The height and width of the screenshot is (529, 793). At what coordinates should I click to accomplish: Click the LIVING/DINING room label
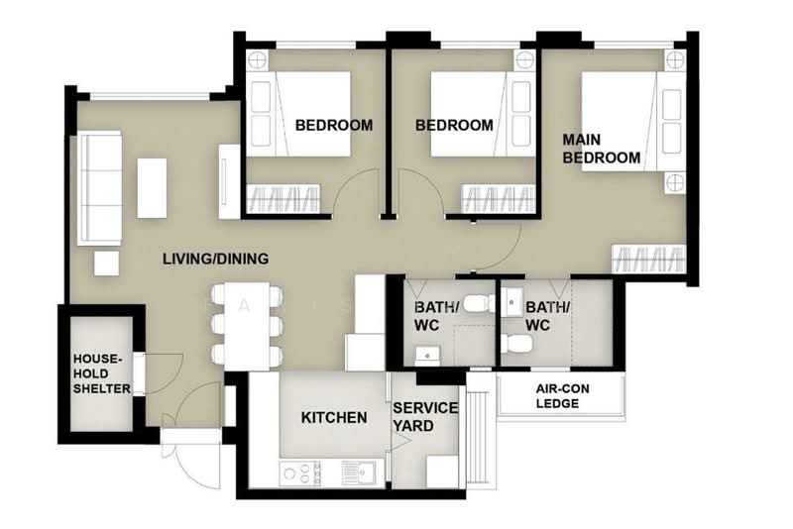coord(215,259)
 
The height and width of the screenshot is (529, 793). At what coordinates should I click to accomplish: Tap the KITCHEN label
coord(334,417)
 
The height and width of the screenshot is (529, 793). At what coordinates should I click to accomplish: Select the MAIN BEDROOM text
coord(602,149)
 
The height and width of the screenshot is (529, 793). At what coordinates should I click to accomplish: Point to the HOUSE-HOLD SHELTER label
coord(102,373)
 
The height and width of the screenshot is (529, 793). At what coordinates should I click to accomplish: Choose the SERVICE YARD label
coord(425,417)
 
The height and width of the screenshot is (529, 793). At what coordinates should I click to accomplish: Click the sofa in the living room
coord(99,188)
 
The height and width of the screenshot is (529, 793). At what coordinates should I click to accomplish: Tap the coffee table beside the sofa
coord(152,188)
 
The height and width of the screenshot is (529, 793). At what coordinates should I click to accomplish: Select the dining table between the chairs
coord(247,326)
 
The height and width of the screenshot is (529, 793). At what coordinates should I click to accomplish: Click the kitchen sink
coord(359,474)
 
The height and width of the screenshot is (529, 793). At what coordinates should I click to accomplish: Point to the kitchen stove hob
coord(299,474)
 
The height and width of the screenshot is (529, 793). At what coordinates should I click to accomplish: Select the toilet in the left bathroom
coord(480,304)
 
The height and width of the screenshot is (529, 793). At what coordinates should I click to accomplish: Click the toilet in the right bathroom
coord(516,344)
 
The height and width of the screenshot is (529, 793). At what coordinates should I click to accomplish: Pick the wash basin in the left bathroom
coord(427,356)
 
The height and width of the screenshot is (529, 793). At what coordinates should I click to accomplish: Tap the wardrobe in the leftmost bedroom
coord(283,198)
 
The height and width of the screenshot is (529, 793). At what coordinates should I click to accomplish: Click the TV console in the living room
coord(229,182)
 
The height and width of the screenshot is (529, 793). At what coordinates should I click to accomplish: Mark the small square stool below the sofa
coord(107,264)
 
